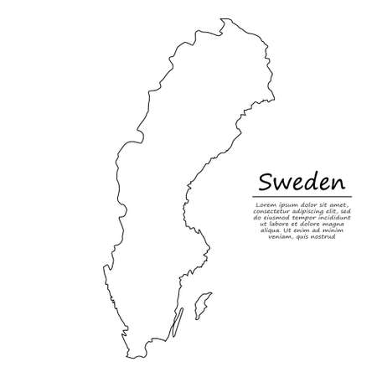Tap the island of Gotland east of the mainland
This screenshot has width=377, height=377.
coord(200,305)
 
